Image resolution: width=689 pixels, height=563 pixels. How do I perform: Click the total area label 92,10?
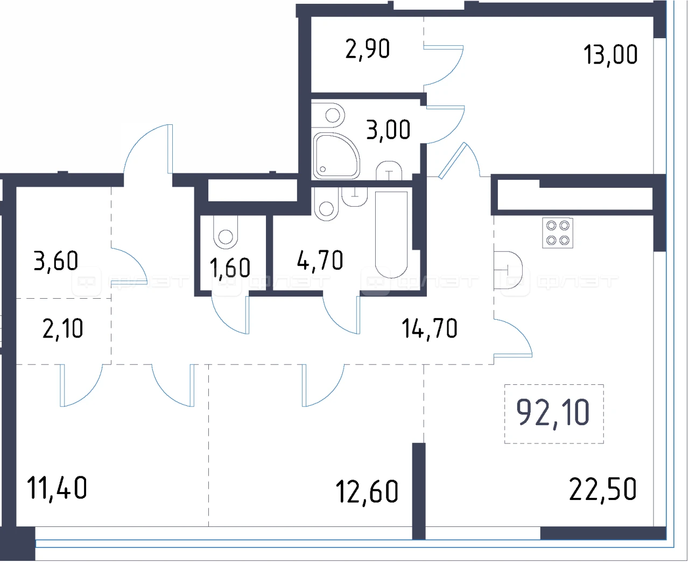553,414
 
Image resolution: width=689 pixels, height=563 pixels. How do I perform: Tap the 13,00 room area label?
610,54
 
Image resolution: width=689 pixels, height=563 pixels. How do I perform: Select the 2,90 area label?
368,50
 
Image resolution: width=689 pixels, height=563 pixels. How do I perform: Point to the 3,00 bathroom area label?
388,130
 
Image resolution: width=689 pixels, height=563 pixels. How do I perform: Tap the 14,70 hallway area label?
429,328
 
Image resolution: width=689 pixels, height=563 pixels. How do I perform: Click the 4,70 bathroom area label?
320,261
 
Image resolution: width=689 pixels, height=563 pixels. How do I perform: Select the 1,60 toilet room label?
230,268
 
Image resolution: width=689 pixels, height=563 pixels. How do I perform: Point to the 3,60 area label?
56,261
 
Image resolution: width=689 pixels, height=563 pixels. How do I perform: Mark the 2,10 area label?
63,328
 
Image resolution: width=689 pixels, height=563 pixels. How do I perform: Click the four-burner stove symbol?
558,233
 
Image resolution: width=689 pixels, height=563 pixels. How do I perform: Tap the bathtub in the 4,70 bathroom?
391,234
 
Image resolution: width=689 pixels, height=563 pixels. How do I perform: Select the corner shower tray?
336,156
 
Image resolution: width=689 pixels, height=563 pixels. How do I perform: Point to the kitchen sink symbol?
508,270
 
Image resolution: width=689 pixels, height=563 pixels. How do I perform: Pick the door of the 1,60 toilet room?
230,315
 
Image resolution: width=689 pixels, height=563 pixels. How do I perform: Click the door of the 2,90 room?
444,65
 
